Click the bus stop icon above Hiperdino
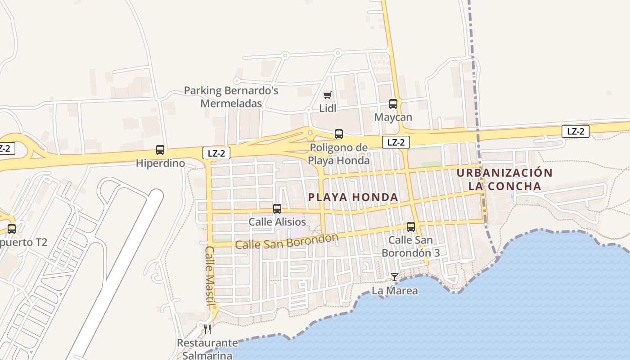click(x=160, y=150)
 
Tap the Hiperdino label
click(x=161, y=163)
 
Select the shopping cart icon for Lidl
click(x=328, y=95)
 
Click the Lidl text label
click(x=328, y=108)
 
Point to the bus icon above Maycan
click(x=393, y=104)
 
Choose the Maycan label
click(x=393, y=117)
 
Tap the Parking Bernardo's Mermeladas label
click(x=231, y=97)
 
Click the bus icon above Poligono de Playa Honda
click(x=338, y=134)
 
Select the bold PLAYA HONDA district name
click(x=353, y=197)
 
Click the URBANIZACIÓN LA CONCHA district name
click(x=504, y=180)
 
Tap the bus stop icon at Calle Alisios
click(x=277, y=209)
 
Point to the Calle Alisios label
click(x=277, y=222)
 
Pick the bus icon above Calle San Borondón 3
click(x=410, y=227)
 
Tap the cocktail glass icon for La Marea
click(x=395, y=277)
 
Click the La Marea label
click(x=395, y=291)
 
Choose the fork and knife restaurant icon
click(x=207, y=329)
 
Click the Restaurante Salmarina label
click(x=207, y=349)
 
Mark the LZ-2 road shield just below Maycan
click(x=396, y=142)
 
